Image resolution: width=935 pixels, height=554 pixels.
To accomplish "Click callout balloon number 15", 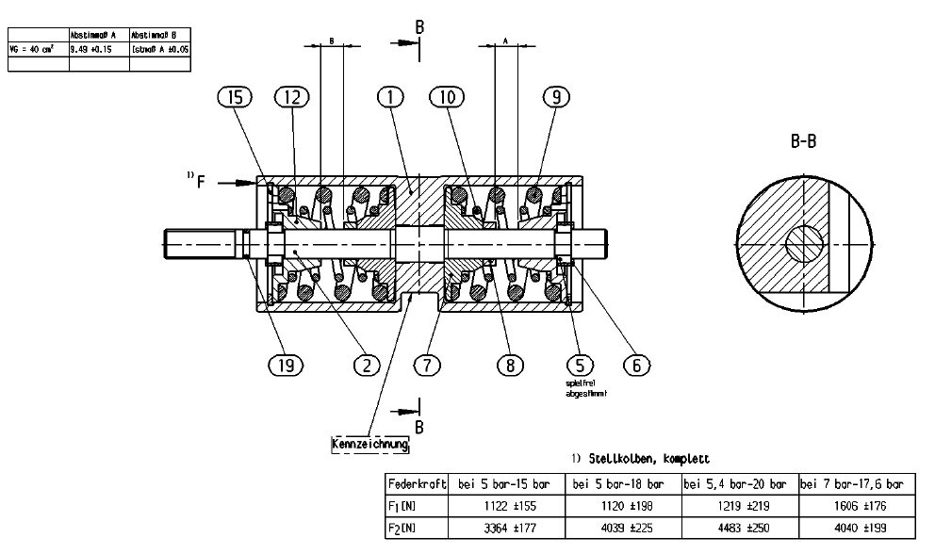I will point(236,96).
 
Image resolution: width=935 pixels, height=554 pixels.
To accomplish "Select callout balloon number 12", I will point(292,96).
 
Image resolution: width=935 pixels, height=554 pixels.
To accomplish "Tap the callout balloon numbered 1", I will point(389,96).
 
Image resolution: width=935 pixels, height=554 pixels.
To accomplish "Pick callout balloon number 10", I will point(447,96).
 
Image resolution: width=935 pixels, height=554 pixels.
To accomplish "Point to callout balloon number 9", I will point(557,96).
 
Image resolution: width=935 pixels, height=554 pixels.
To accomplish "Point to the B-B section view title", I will point(803,143).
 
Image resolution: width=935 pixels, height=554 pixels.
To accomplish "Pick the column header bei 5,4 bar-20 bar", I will point(739,483).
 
